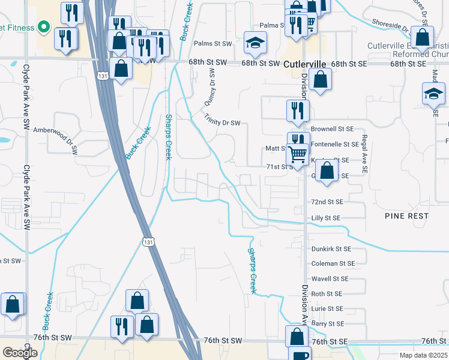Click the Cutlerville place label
[304, 64]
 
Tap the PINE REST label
[406, 215]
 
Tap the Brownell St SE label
[332, 129]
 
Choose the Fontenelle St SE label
[334, 145]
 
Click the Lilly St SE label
[326, 218]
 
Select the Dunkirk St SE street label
[331, 248]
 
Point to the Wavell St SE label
[330, 279]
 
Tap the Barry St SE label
[328, 324]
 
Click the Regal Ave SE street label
[364, 154]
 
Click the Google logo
[20, 353]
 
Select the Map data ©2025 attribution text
[423, 356]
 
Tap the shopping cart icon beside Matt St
[298, 154]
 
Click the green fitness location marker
[43, 27]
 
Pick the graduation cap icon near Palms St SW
[256, 43]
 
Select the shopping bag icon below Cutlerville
[321, 80]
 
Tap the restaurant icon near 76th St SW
[122, 327]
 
